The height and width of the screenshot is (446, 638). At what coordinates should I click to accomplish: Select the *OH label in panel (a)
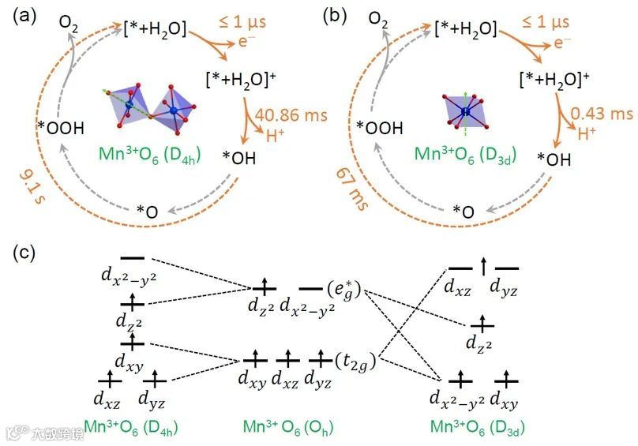click(x=241, y=158)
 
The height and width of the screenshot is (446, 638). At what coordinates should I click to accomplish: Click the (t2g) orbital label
click(x=351, y=361)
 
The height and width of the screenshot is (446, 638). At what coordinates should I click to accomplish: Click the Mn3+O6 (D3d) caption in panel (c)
click(x=478, y=427)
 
